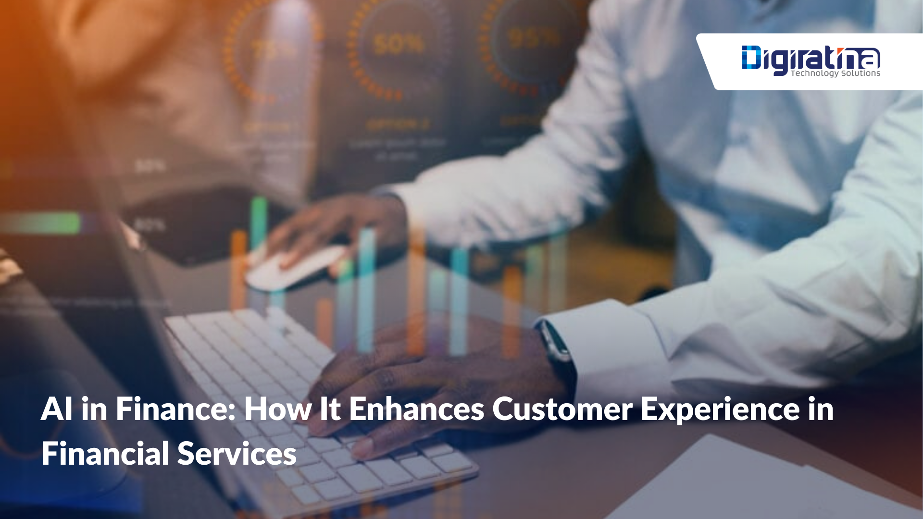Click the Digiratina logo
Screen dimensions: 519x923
click(x=811, y=59)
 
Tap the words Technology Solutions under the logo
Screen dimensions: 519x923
click(x=836, y=74)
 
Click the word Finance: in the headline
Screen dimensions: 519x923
click(x=175, y=409)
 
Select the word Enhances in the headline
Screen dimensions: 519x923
click(x=416, y=409)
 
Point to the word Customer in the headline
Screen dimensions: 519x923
click(x=562, y=409)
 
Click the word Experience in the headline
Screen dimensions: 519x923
click(x=720, y=409)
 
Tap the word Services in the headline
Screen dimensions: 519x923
click(x=237, y=453)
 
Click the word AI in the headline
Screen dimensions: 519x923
click(x=57, y=409)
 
